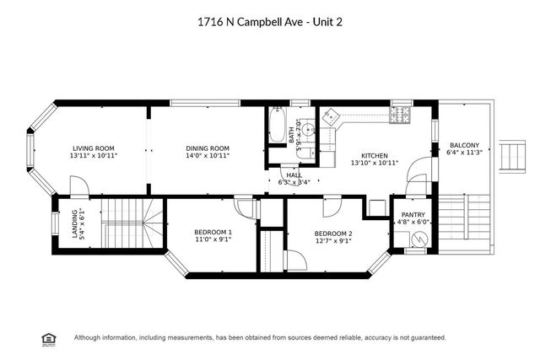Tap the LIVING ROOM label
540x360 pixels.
pyautogui.click(x=93, y=148)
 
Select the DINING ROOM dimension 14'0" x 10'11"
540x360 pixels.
pyautogui.click(x=208, y=156)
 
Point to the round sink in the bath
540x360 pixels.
pyautogui.click(x=309, y=129)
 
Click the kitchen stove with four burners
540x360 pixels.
pyautogui.click(x=400, y=116)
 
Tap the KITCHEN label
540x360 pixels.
pyautogui.click(x=374, y=156)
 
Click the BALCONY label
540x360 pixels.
pyautogui.click(x=464, y=144)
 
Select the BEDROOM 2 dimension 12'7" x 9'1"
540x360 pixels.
pyautogui.click(x=333, y=240)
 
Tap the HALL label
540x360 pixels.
pyautogui.click(x=293, y=175)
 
